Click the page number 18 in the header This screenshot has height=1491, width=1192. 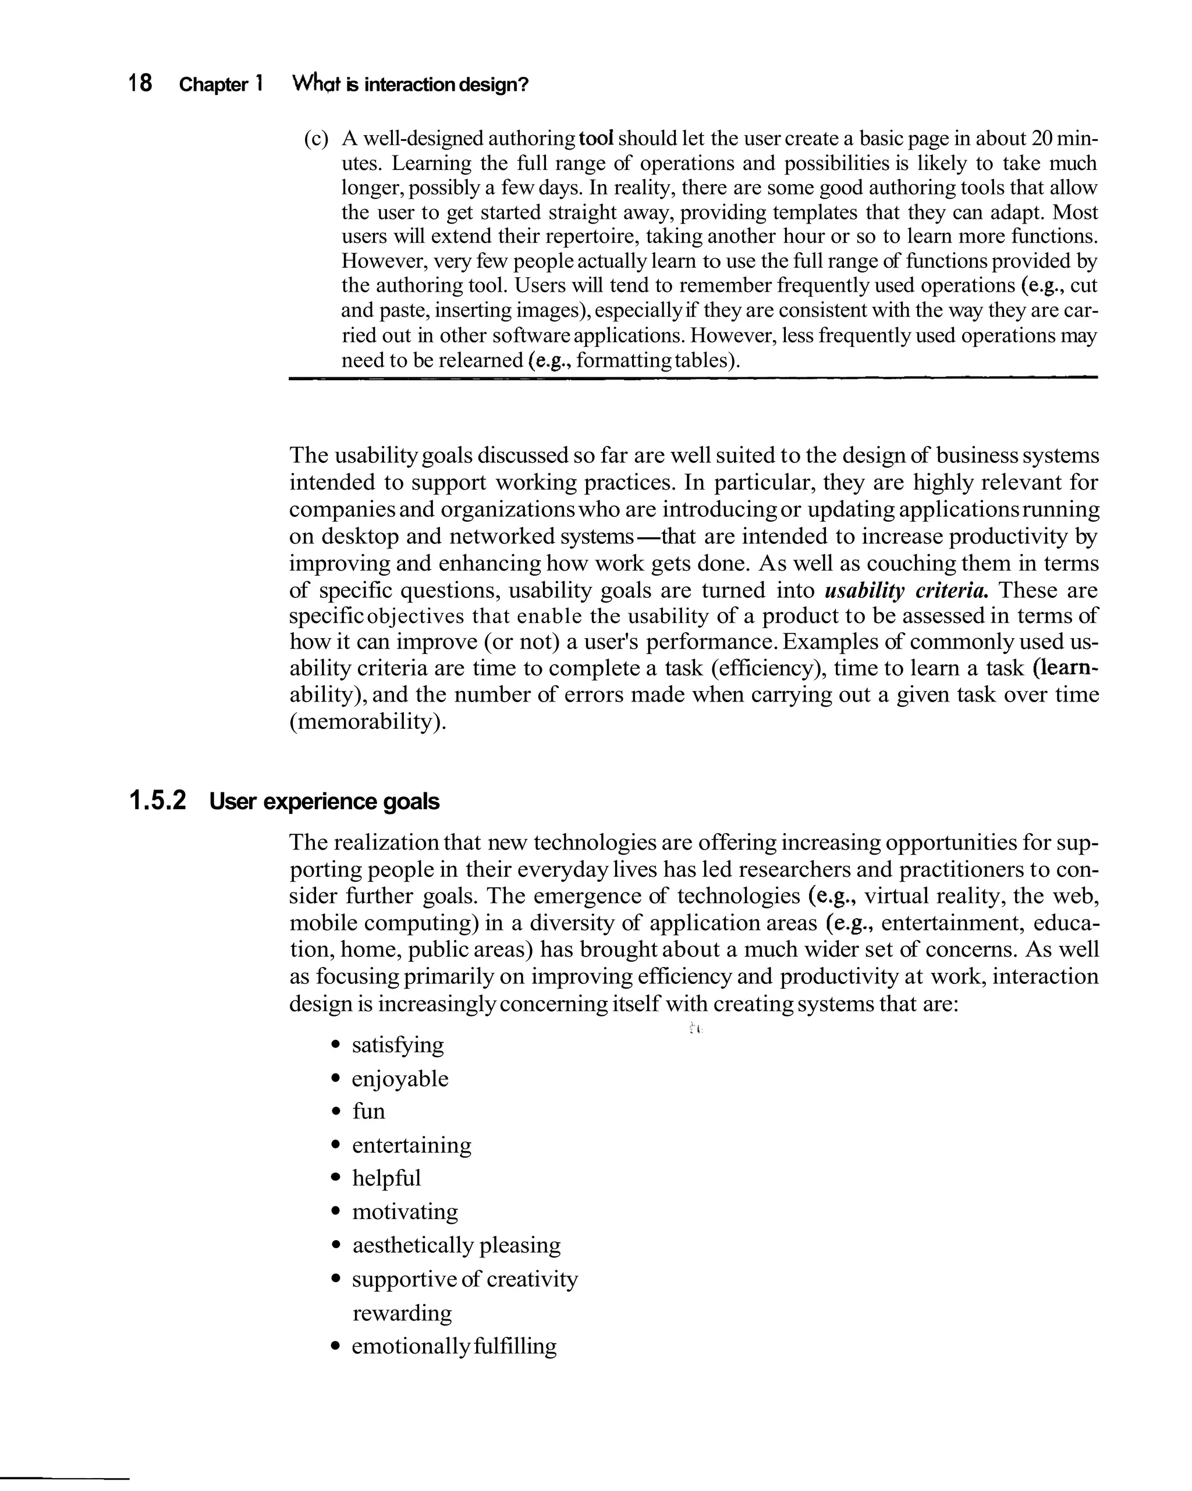point(140,84)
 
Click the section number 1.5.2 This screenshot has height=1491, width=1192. point(158,801)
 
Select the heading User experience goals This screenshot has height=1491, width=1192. point(324,802)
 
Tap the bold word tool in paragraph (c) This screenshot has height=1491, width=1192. point(596,139)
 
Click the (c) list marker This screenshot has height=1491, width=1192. point(316,139)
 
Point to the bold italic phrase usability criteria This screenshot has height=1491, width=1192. point(906,590)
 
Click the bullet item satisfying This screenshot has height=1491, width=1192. point(398,1044)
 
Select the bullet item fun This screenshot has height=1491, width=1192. point(368,1111)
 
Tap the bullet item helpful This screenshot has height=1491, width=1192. point(386,1178)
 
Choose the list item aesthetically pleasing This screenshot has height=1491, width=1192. point(456,1245)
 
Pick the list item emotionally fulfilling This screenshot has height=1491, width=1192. point(453,1346)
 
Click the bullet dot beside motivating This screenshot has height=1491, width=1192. point(336,1212)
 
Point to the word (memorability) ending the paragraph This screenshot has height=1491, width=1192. point(368,721)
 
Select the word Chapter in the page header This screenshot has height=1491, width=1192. point(213,84)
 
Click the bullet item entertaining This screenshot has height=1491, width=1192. point(411,1145)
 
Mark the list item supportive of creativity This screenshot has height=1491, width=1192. point(464,1278)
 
